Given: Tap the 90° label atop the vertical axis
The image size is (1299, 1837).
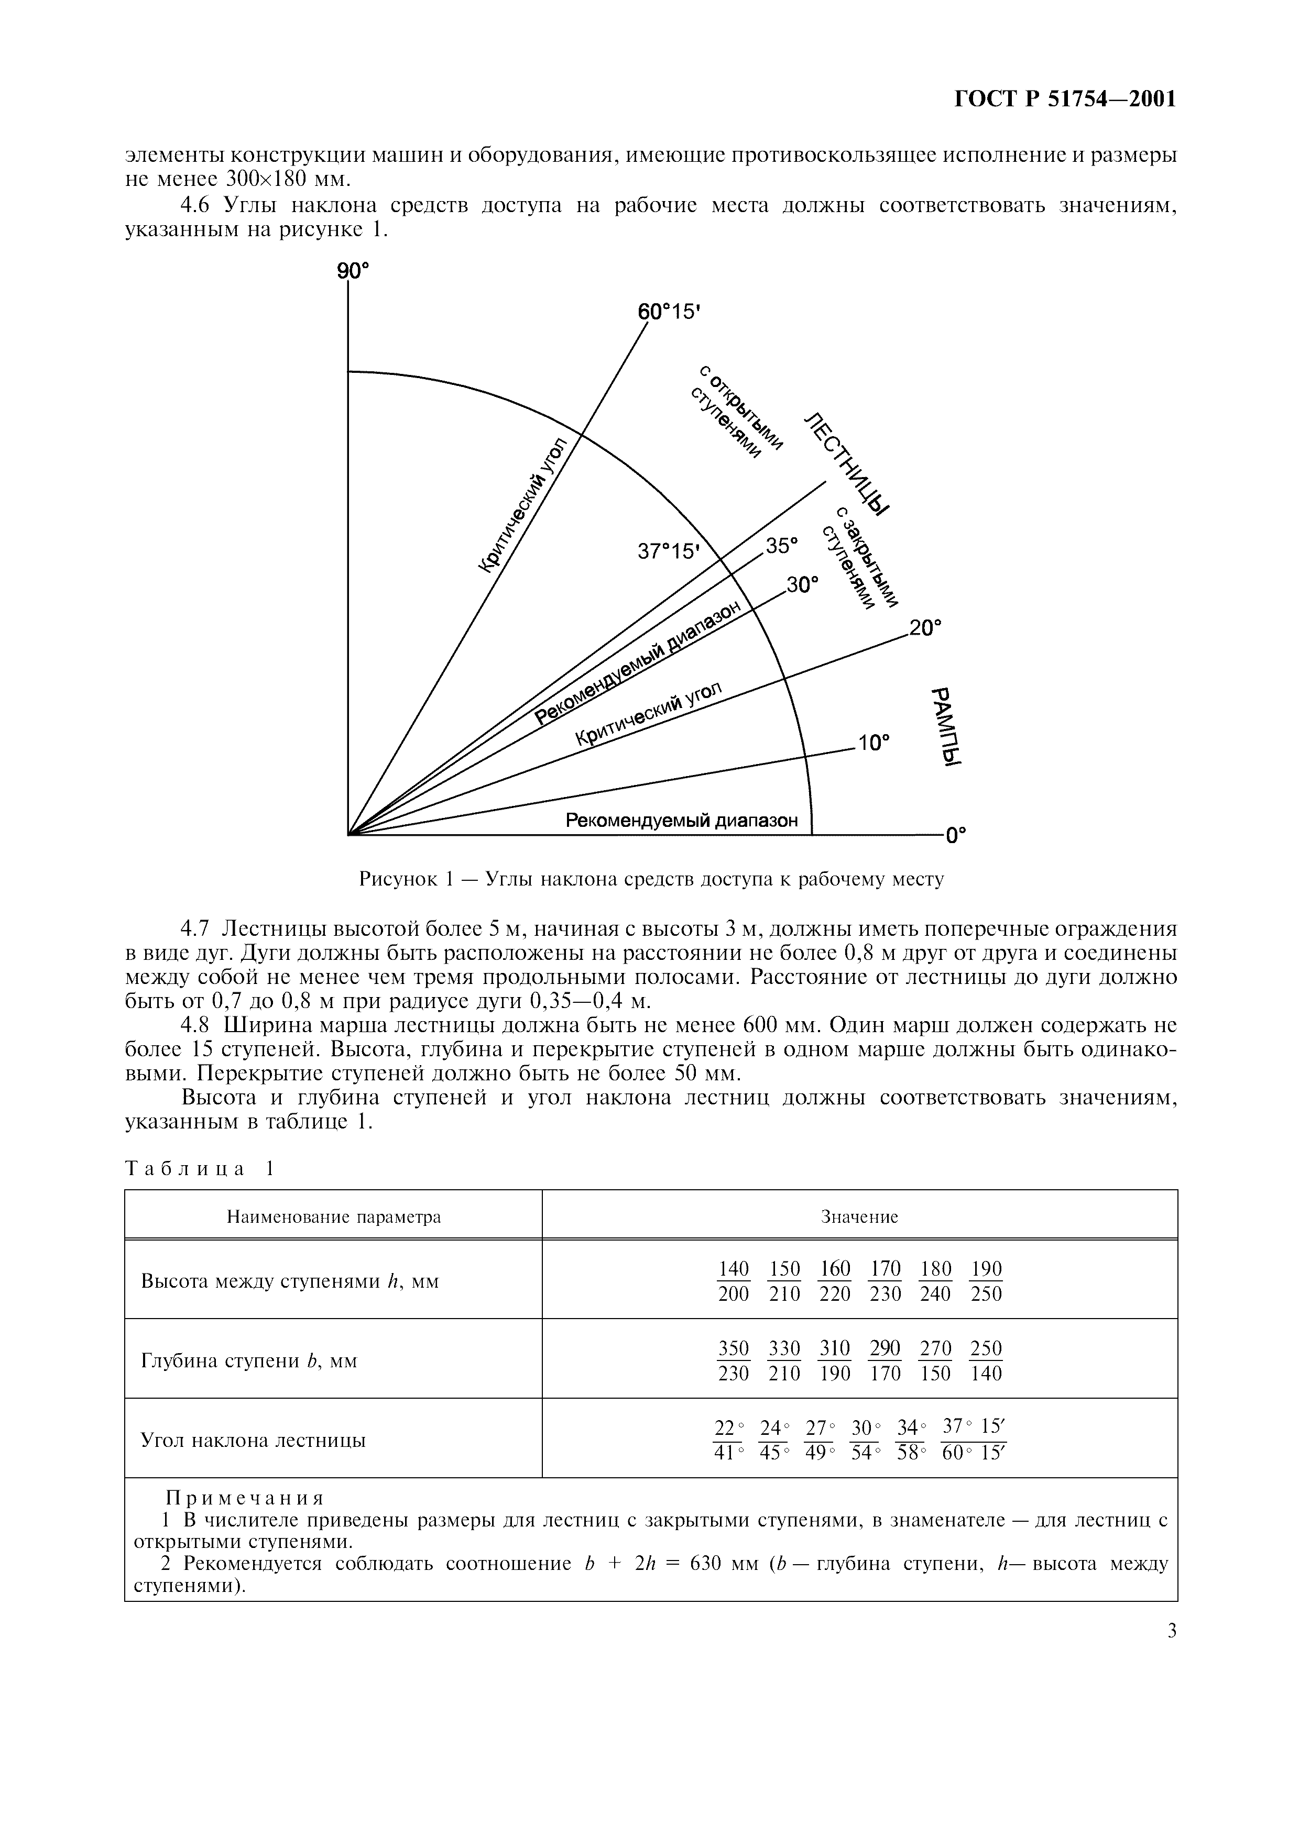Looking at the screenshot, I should [353, 271].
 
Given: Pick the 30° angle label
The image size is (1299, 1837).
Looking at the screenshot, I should [803, 585].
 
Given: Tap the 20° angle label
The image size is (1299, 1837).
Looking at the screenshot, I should [925, 627].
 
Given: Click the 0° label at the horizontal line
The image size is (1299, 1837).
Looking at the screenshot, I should [956, 836].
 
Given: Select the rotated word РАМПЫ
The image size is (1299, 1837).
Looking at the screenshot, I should [948, 726].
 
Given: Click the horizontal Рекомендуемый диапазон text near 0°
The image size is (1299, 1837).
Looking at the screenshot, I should [682, 820].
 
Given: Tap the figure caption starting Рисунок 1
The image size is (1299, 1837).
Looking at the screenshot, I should [651, 879].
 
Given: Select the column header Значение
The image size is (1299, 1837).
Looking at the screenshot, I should [859, 1217].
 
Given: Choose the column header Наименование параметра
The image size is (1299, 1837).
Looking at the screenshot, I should [334, 1217].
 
